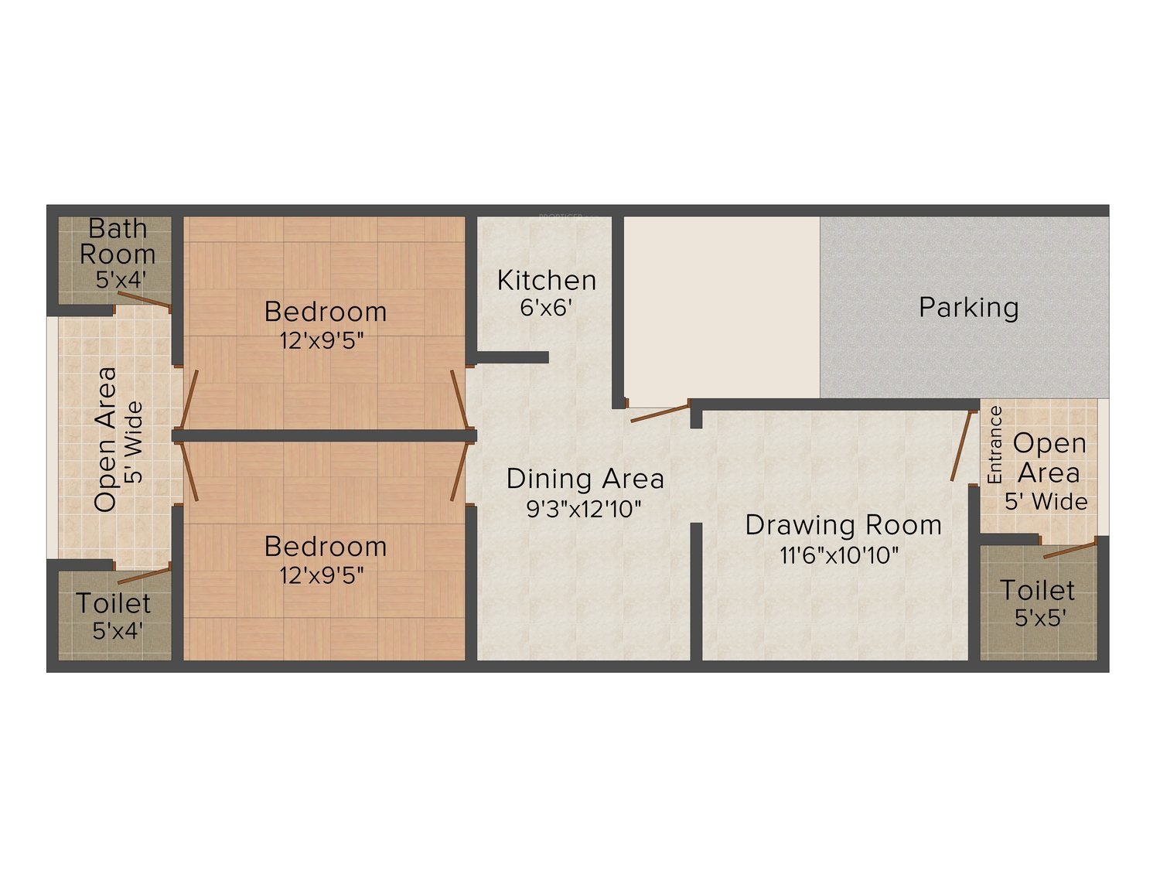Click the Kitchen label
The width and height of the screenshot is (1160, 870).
[547, 280]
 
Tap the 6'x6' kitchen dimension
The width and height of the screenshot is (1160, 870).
[546, 308]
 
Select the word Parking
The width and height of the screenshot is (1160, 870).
[968, 308]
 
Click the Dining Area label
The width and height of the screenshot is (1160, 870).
[585, 479]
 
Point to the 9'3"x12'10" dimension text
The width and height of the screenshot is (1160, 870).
[585, 508]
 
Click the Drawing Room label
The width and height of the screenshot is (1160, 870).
[843, 525]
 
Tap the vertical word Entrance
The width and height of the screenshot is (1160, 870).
[995, 445]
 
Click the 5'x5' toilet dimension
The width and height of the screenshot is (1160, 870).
[1040, 618]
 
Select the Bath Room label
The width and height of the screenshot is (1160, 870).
[118, 241]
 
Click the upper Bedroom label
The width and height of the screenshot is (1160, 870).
[326, 312]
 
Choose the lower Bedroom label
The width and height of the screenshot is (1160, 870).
[326, 547]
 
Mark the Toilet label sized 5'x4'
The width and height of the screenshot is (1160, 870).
[114, 603]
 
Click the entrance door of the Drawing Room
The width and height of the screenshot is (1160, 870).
[962, 445]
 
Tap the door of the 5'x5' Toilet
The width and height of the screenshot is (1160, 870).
[1070, 550]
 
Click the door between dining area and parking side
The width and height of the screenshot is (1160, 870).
[660, 412]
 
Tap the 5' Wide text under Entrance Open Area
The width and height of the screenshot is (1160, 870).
[1046, 502]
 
